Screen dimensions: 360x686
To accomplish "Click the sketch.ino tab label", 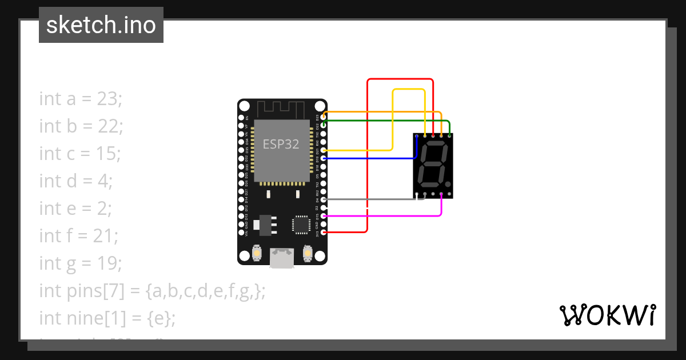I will [x=101, y=25].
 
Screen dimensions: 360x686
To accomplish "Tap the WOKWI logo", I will [x=607, y=315].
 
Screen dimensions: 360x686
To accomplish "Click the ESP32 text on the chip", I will [x=281, y=144].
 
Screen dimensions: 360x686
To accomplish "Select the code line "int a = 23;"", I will [x=81, y=99].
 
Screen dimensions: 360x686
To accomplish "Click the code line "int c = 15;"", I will [x=80, y=154].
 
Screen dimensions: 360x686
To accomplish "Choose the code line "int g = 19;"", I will [x=81, y=263].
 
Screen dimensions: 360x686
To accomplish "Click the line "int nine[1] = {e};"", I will [x=107, y=318].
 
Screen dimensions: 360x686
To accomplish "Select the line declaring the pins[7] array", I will [x=152, y=290].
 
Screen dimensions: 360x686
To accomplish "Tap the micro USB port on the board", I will [x=282, y=258].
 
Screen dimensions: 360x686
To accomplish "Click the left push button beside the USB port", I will [x=257, y=253].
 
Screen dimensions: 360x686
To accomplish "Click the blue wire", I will [x=372, y=158].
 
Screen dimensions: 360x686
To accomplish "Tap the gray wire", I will [x=372, y=199].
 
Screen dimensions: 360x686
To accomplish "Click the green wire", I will [x=389, y=121].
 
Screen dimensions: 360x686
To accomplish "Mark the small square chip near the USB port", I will [x=301, y=225].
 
